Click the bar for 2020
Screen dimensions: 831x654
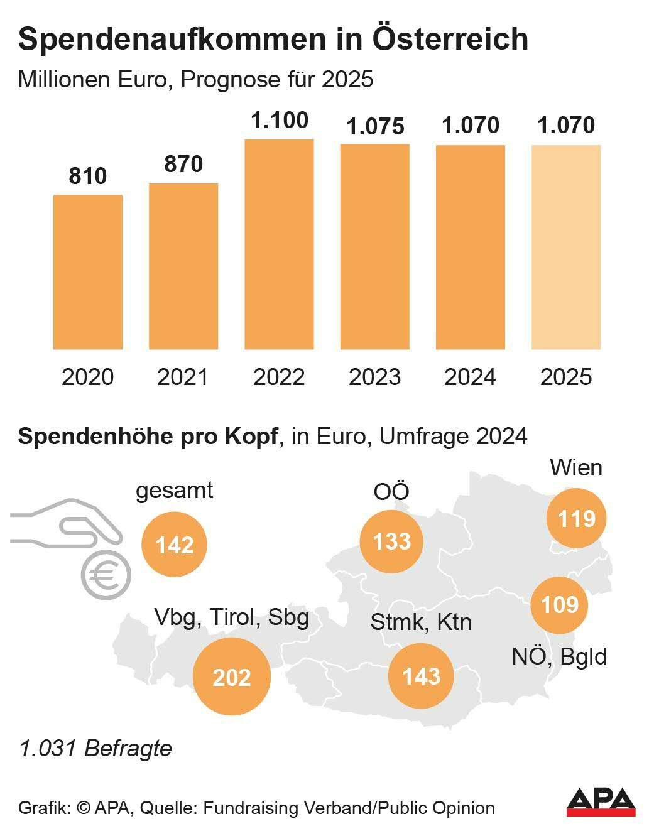87,272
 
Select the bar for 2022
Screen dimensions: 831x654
279,244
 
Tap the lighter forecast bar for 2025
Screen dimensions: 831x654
566,247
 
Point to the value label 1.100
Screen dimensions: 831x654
280,120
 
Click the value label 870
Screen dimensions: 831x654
183,164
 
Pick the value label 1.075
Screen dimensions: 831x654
375,126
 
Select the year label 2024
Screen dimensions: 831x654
470,377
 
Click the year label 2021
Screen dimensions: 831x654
183,377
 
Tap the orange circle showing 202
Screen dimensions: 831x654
232,676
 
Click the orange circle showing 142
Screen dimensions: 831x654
174,545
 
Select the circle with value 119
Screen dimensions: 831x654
576,519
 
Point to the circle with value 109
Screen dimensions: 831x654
559,605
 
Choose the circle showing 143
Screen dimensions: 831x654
421,676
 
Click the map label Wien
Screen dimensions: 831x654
575,468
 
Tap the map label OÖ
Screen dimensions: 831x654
391,491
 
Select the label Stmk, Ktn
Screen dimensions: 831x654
421,622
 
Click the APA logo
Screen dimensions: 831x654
601,801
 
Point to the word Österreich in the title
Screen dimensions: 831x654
450,39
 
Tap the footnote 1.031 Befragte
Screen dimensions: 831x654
95,748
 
